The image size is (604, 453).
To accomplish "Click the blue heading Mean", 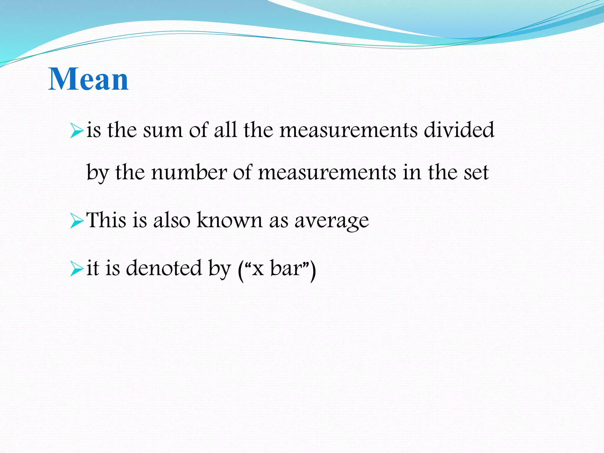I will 88,79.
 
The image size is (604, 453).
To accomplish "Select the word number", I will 189,172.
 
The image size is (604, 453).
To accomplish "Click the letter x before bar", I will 258,270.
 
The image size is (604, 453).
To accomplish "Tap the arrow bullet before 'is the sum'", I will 77,131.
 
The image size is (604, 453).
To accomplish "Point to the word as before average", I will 278,221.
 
